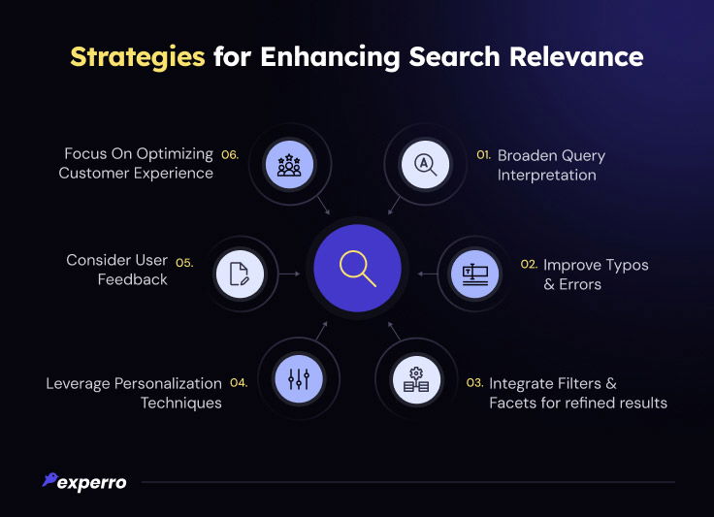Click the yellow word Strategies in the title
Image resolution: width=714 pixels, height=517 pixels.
[x=138, y=58]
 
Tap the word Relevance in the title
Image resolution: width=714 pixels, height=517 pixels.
[x=576, y=57]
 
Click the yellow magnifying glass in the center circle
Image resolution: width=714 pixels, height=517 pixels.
[x=358, y=269]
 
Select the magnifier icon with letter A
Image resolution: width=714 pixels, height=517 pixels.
[x=425, y=164]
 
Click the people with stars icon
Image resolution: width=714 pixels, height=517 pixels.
[x=289, y=165]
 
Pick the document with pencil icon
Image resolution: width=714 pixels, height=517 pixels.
[x=240, y=274]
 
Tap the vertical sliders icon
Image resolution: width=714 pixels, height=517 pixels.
[x=299, y=378]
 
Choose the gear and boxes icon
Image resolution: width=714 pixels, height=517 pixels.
[x=416, y=379]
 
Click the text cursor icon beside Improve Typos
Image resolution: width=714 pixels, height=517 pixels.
[x=475, y=274]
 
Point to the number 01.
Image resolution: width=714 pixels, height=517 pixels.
[x=483, y=155]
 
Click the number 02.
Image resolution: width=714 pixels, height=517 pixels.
[x=529, y=265]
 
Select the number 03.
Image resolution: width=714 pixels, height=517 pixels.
[x=474, y=383]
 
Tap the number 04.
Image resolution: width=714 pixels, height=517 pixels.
[x=239, y=383]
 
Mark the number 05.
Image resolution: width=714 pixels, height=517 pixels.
[x=184, y=263]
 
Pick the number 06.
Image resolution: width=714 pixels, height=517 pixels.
[x=230, y=155]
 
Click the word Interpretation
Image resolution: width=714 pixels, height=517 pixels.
[x=546, y=176]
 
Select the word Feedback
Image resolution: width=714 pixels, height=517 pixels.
[x=133, y=279]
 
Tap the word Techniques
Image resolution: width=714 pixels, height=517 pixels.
[x=181, y=404]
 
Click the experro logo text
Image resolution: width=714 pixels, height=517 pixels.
[x=92, y=483]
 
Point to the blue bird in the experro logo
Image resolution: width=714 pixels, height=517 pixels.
[x=50, y=479]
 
